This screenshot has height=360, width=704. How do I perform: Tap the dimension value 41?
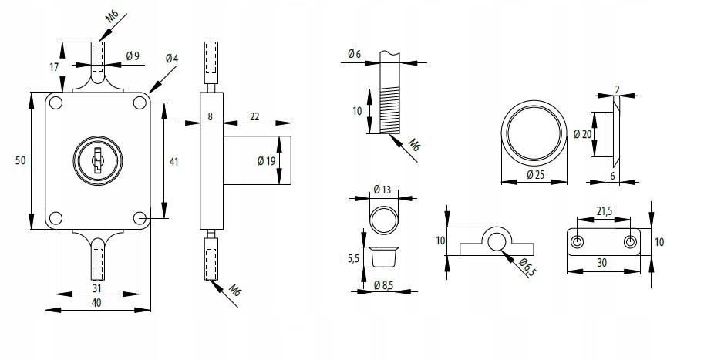tap(173, 162)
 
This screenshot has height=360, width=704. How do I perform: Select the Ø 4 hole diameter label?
tap(171, 59)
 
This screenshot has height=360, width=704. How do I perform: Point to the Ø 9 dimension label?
tap(132, 56)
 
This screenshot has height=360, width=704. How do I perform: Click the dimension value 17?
tap(54, 67)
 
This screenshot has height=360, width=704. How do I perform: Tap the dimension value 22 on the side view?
tap(254, 116)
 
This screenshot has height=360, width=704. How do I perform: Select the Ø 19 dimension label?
tap(265, 162)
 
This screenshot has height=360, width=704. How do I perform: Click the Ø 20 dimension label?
tap(582, 133)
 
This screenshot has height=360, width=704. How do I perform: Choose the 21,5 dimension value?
tap(605, 210)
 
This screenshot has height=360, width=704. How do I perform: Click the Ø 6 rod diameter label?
tap(355, 54)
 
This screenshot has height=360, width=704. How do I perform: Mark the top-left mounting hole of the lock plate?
tap(56, 102)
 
